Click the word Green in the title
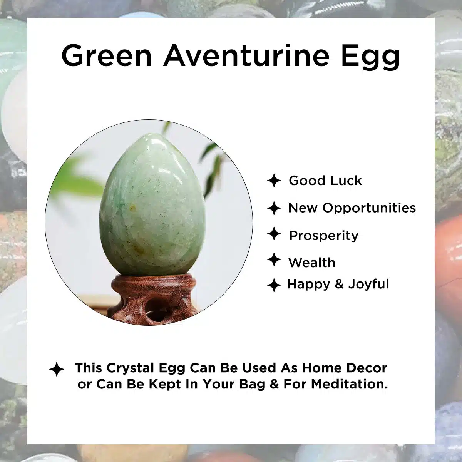coord(106,55)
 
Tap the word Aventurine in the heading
coord(246,55)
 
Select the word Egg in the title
coord(371,57)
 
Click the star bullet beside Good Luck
coord(274,181)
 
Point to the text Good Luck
coord(325,181)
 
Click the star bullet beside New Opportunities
coord(274,208)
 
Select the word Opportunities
coord(369,208)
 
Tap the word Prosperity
coord(324,236)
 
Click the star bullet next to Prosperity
coord(274,234)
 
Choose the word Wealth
coord(312,263)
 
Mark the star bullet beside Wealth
coord(274,259)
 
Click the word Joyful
coord(368,285)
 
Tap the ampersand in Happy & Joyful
coord(339,284)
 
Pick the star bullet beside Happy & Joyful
coord(274,285)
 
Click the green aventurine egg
coord(152,204)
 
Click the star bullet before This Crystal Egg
coord(57,369)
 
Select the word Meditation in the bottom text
coord(349,384)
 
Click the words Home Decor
coord(345,368)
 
